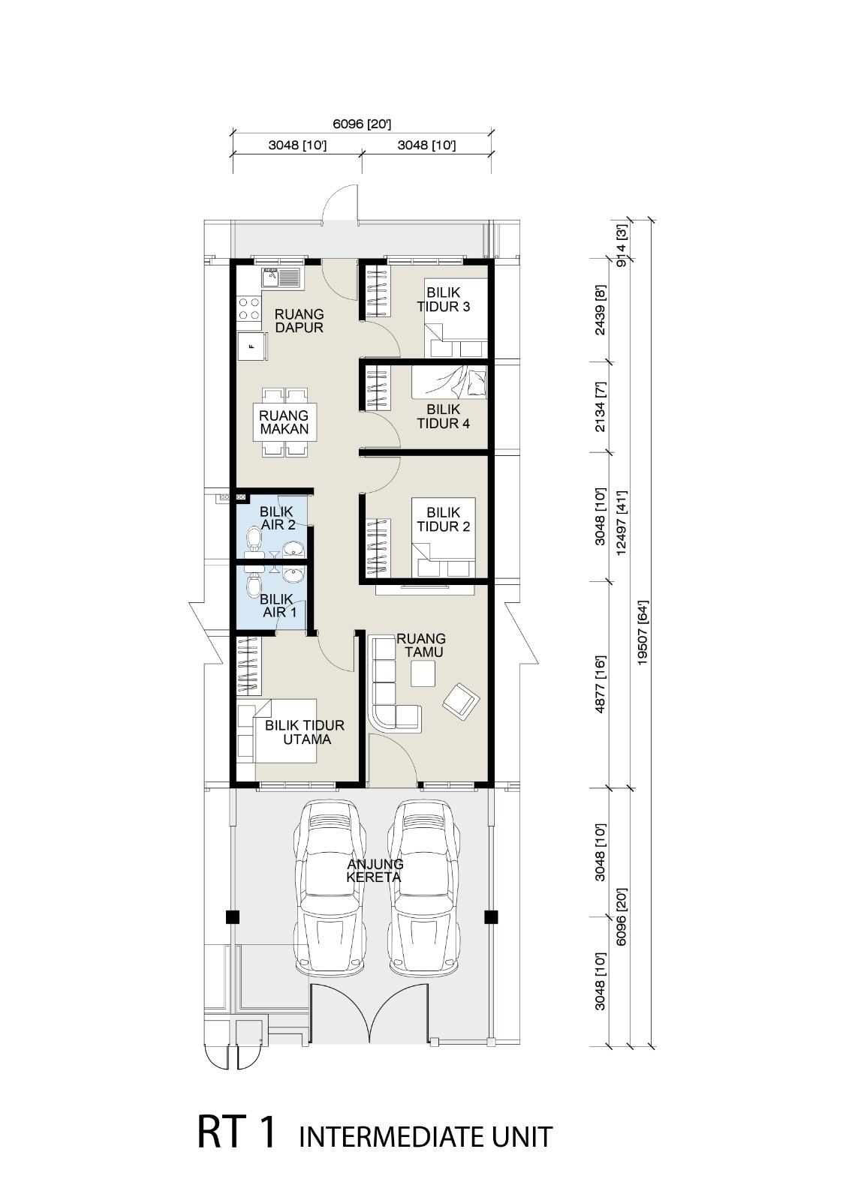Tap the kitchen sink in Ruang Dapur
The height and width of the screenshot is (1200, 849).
[281, 277]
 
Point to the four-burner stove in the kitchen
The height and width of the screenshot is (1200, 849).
[249, 309]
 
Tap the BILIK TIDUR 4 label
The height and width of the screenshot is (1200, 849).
[444, 416]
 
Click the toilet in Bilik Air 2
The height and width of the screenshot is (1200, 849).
[254, 537]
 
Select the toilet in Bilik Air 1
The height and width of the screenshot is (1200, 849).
[254, 586]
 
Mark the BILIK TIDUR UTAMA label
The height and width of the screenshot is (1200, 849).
[305, 732]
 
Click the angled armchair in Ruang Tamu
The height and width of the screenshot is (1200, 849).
[461, 700]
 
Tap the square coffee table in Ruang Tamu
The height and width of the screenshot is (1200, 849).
[423, 673]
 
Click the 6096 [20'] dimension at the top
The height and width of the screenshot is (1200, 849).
[362, 124]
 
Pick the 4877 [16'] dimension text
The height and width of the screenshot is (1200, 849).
[600, 683]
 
